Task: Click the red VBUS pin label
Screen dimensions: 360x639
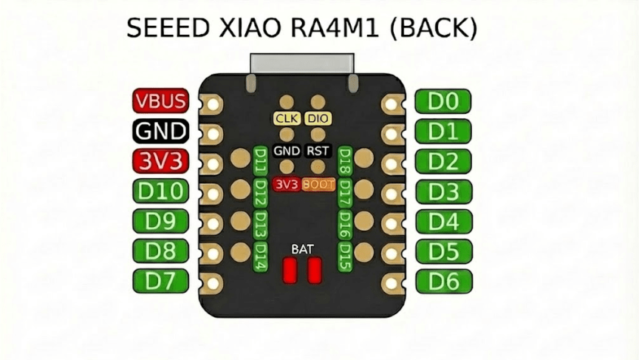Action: pyautogui.click(x=160, y=101)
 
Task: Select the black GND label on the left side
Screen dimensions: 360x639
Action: pyautogui.click(x=160, y=132)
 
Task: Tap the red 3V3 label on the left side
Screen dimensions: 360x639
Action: pyautogui.click(x=160, y=161)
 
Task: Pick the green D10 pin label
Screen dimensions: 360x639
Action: pyautogui.click(x=160, y=191)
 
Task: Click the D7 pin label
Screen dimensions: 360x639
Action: pyautogui.click(x=160, y=281)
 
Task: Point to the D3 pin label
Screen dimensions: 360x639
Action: pyautogui.click(x=443, y=191)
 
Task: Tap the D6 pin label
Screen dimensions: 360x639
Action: pyautogui.click(x=443, y=281)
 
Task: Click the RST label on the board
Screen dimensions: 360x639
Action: pyautogui.click(x=318, y=151)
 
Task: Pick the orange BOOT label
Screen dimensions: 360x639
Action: pyautogui.click(x=318, y=184)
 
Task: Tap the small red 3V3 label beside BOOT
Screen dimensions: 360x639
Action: pyautogui.click(x=287, y=184)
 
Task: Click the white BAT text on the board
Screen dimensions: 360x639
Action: pyautogui.click(x=302, y=248)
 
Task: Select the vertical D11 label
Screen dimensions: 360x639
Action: pyautogui.click(x=260, y=160)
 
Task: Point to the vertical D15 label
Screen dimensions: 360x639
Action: pyautogui.click(x=344, y=256)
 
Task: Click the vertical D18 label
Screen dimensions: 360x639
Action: pyautogui.click(x=344, y=160)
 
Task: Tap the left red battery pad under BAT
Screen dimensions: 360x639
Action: pyautogui.click(x=290, y=270)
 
